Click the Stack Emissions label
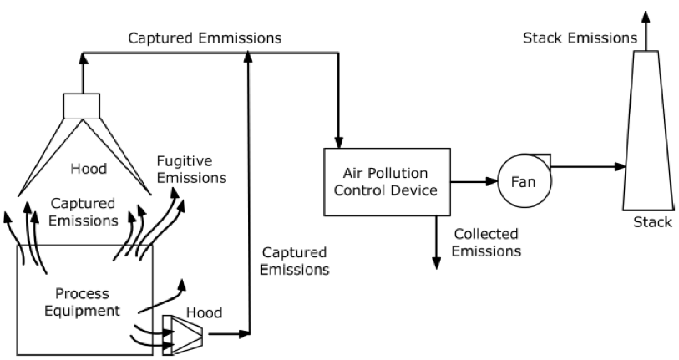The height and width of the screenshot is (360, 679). click(579, 38)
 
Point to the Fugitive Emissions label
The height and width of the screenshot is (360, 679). click(191, 168)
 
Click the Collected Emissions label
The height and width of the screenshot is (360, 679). click(487, 242)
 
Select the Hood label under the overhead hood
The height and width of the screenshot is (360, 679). click(89, 169)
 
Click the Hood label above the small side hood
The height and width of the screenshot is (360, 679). click(204, 312)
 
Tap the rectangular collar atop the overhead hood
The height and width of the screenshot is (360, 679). click(83, 105)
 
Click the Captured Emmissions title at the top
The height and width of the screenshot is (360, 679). click(204, 38)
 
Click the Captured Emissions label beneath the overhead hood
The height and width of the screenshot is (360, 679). click(83, 212)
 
